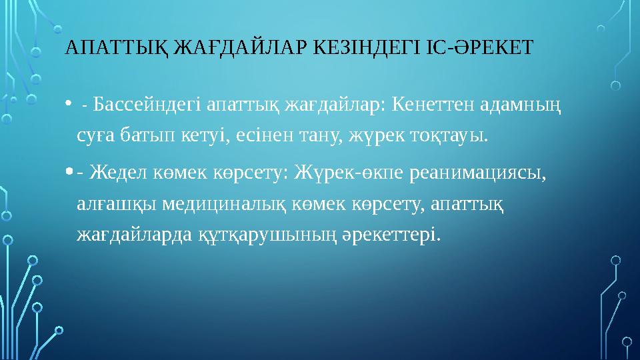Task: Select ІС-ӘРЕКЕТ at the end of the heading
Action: point(478,49)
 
